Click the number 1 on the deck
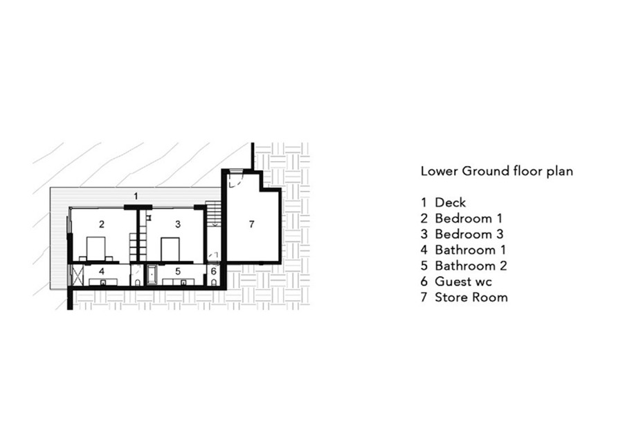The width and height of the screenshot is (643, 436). (136, 196)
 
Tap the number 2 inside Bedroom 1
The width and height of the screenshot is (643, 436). (102, 224)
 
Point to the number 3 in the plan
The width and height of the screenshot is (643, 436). (178, 224)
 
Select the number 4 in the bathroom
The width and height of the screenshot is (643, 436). (102, 271)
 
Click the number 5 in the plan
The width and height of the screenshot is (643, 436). (178, 271)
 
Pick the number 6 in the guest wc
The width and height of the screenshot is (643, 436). (213, 271)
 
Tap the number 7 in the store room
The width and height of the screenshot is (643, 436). (251, 224)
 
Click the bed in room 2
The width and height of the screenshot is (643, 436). (96, 249)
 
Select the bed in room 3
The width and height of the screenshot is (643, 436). (171, 249)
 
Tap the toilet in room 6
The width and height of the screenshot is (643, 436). (214, 282)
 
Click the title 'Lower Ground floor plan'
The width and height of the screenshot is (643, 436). (496, 171)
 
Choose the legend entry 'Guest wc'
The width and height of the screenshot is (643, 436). (463, 282)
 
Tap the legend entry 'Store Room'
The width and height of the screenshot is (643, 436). (471, 297)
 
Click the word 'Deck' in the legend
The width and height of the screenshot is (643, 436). (451, 202)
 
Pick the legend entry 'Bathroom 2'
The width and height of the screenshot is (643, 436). (471, 266)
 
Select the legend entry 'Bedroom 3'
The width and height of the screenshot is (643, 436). (469, 234)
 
